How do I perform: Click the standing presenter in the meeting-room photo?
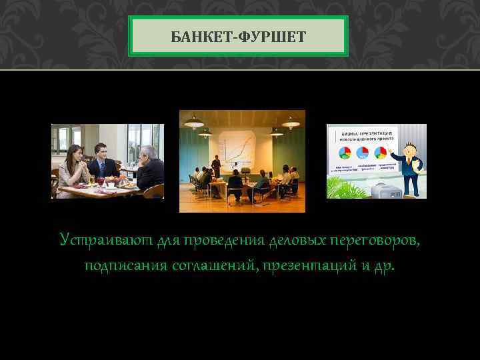(x=216, y=167)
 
